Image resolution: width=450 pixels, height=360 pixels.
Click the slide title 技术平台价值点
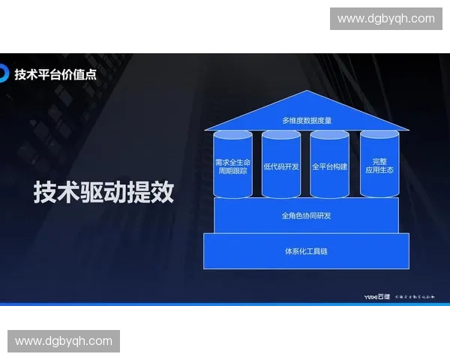pyautogui.click(x=55, y=74)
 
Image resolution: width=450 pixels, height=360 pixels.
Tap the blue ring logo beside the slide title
pyautogui.click(x=4, y=73)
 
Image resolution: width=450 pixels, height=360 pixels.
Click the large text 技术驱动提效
pyautogui.click(x=104, y=192)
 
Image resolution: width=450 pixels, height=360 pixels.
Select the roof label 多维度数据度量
pyautogui.click(x=307, y=120)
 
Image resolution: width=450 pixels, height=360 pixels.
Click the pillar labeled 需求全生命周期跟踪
pyautogui.click(x=232, y=166)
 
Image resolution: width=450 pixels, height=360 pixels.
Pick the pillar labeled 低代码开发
pyautogui.click(x=281, y=166)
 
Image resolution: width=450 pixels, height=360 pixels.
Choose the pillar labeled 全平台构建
pyautogui.click(x=330, y=166)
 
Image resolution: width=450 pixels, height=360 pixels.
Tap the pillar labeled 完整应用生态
pyautogui.click(x=379, y=166)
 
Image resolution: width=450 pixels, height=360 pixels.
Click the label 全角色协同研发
pyautogui.click(x=306, y=216)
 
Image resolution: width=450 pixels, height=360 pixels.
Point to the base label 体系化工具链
pyautogui.click(x=306, y=251)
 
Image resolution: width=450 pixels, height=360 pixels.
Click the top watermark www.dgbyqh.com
pyautogui.click(x=386, y=19)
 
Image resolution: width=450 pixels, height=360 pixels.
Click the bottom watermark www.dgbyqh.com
pyautogui.click(x=64, y=341)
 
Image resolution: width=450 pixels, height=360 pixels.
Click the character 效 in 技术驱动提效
pyautogui.click(x=162, y=192)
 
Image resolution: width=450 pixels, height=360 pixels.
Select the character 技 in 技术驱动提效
pyautogui.click(x=46, y=192)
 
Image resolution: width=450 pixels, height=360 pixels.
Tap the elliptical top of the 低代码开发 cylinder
pyautogui.click(x=281, y=135)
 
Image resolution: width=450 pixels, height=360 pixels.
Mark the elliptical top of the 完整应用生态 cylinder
pyautogui.click(x=379, y=135)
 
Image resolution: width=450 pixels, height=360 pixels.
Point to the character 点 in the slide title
pyautogui.click(x=90, y=74)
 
